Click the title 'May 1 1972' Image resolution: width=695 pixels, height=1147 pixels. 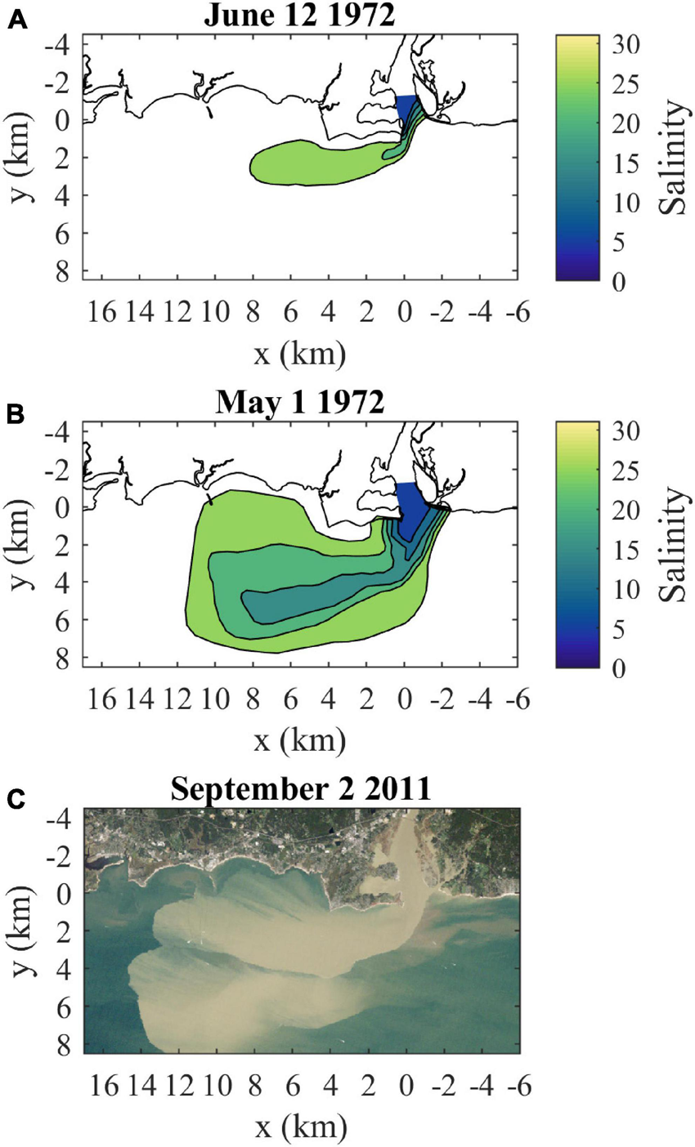299,404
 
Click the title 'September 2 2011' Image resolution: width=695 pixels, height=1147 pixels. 299,790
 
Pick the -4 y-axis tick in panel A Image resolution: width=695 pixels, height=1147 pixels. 64,46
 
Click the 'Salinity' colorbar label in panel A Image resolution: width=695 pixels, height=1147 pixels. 675,157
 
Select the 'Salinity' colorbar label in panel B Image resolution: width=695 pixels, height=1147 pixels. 675,544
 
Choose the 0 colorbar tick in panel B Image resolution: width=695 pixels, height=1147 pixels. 618,667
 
